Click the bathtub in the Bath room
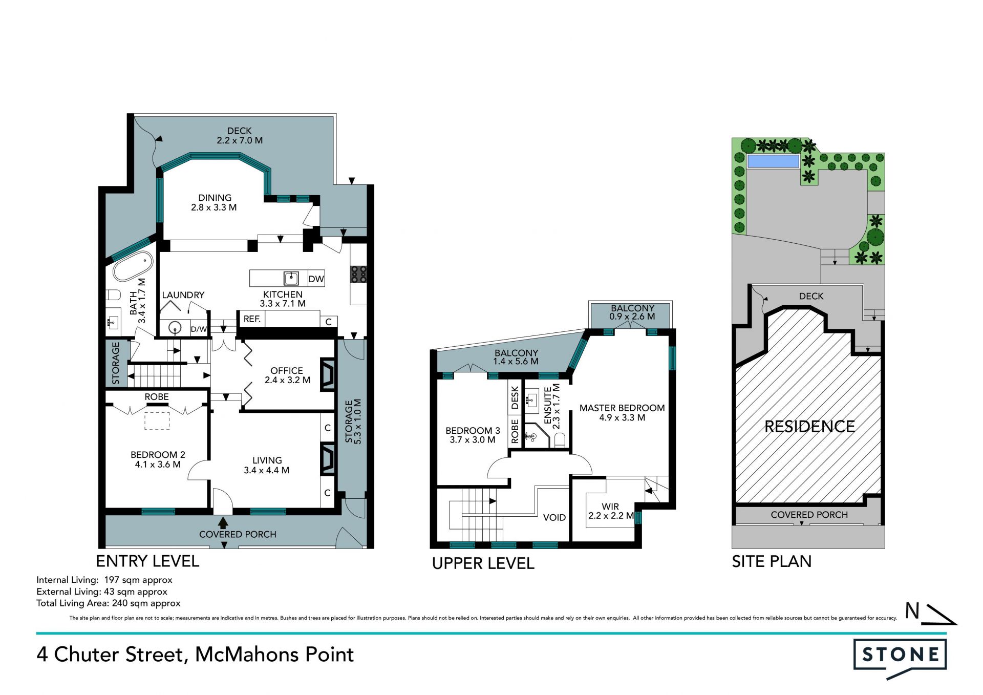point(133,266)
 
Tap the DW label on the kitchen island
point(316,279)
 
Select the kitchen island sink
point(291,278)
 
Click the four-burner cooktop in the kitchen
point(358,274)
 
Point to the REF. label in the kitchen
point(252,319)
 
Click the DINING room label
point(215,198)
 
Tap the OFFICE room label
point(287,370)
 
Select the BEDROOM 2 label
point(158,455)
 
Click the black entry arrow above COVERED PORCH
point(223,523)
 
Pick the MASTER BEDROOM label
point(622,408)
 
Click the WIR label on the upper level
point(610,507)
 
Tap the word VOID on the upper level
point(554,517)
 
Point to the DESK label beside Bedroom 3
point(515,397)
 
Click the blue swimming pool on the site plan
point(773,161)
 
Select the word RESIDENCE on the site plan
point(809,427)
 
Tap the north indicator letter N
point(912,610)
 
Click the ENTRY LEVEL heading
point(147,561)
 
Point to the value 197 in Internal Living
point(112,580)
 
